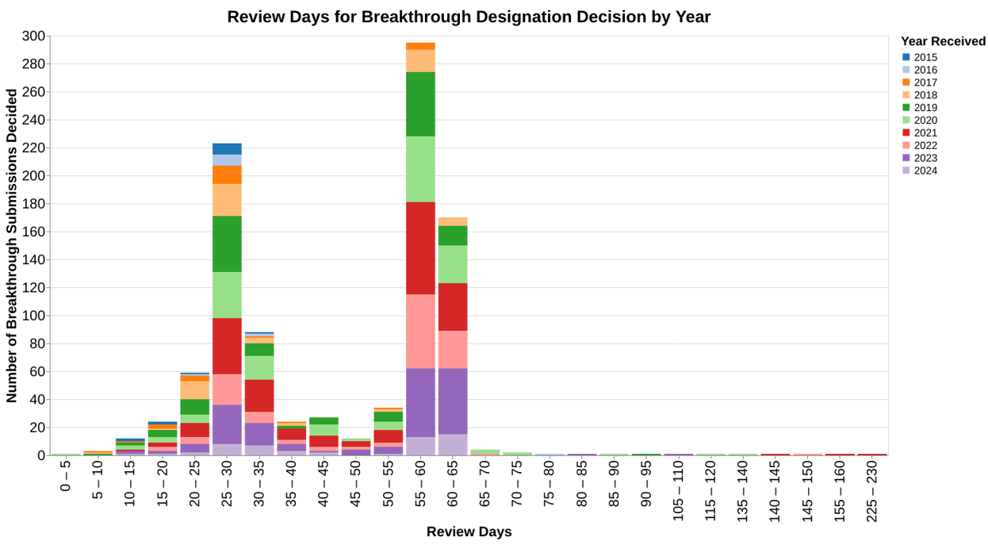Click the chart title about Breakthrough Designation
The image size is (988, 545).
pyautogui.click(x=469, y=17)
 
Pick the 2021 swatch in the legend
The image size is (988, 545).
pyautogui.click(x=906, y=133)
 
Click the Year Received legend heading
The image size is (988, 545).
pyautogui.click(x=943, y=41)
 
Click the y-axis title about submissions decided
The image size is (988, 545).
pyautogui.click(x=12, y=246)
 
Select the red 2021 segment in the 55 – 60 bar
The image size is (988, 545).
pyautogui.click(x=420, y=248)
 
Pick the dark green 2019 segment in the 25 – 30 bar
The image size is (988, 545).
pyautogui.click(x=227, y=244)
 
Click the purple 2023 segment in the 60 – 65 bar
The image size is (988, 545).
pyautogui.click(x=453, y=401)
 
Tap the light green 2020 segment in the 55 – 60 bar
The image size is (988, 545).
pyautogui.click(x=420, y=169)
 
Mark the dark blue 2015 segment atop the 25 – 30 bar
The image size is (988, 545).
pyautogui.click(x=227, y=148)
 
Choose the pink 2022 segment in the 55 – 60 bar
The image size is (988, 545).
pyautogui.click(x=420, y=331)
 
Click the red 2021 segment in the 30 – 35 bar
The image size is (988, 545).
pyautogui.click(x=258, y=395)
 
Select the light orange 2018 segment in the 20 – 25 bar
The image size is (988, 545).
pyautogui.click(x=194, y=390)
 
